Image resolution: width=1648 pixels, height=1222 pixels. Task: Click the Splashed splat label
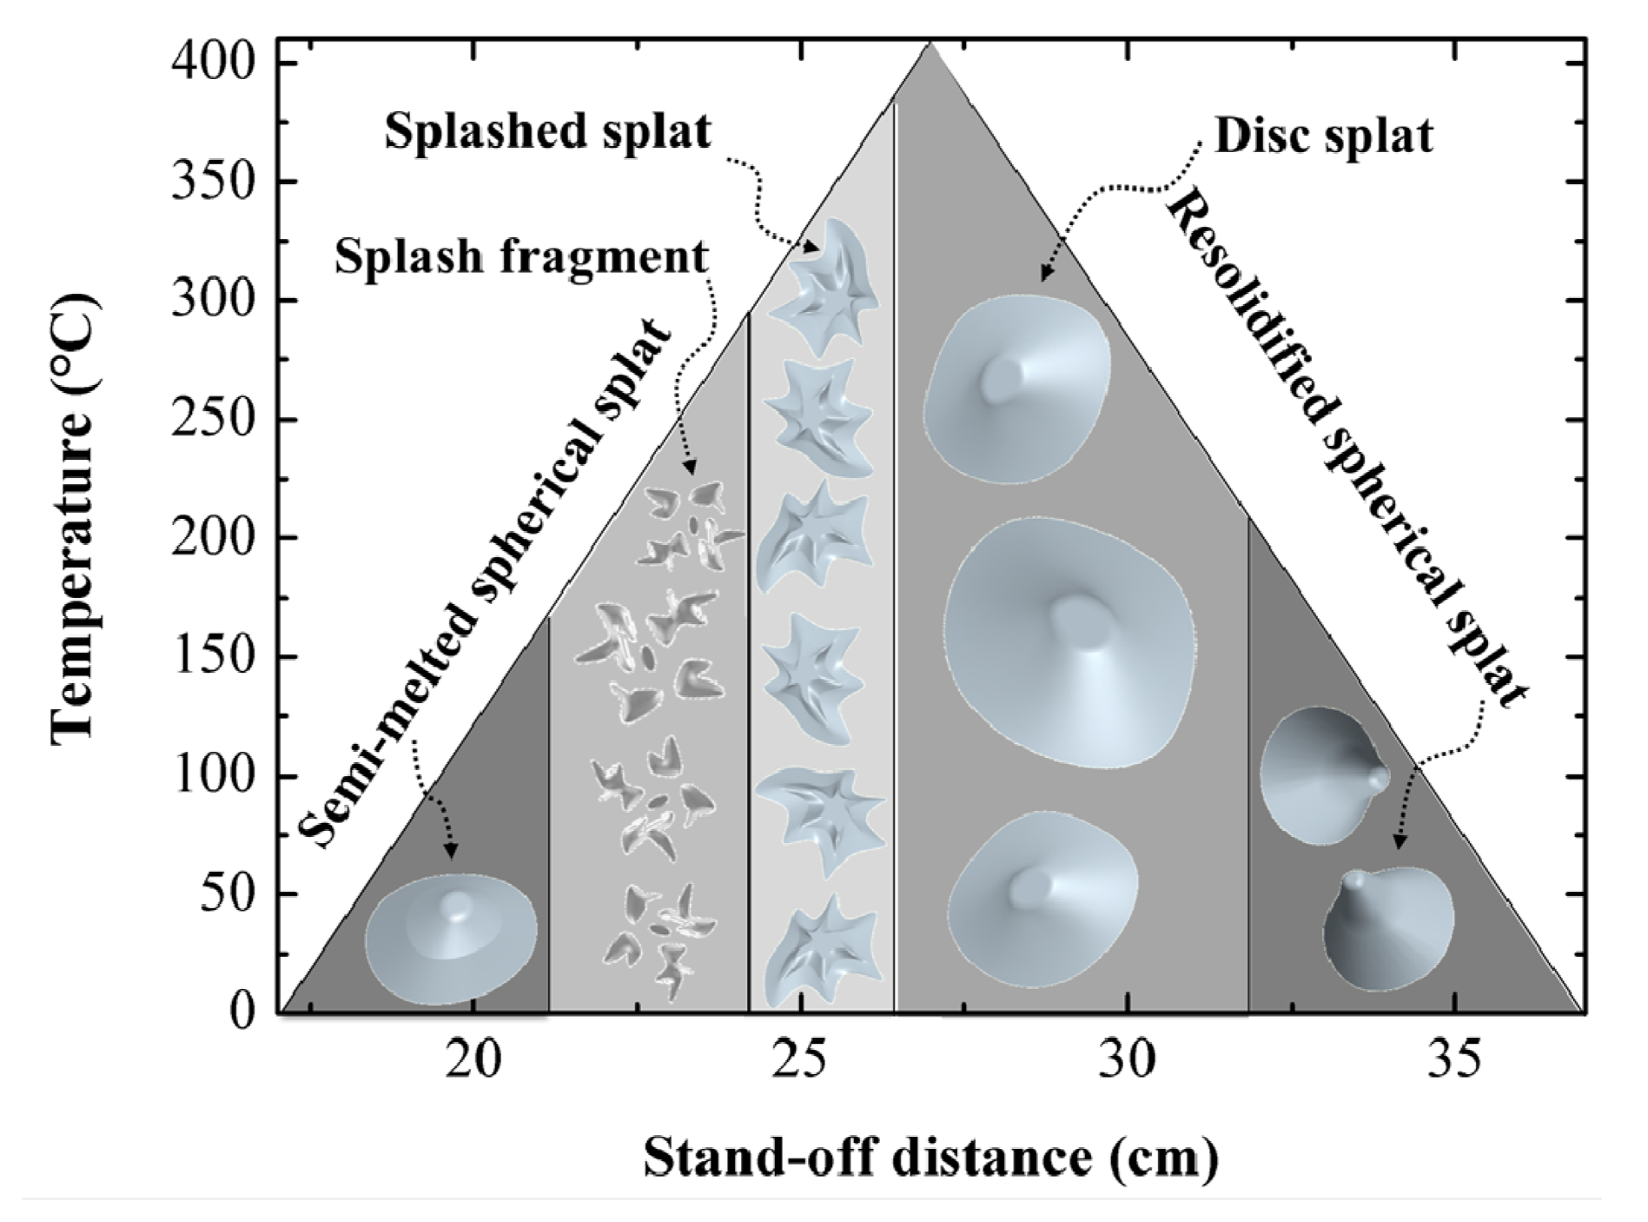(x=548, y=133)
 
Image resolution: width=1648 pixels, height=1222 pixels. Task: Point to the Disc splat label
(x=1323, y=137)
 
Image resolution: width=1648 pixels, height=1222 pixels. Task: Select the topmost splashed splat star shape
(x=824, y=286)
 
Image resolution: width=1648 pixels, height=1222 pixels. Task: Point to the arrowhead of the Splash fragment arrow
(x=690, y=470)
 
